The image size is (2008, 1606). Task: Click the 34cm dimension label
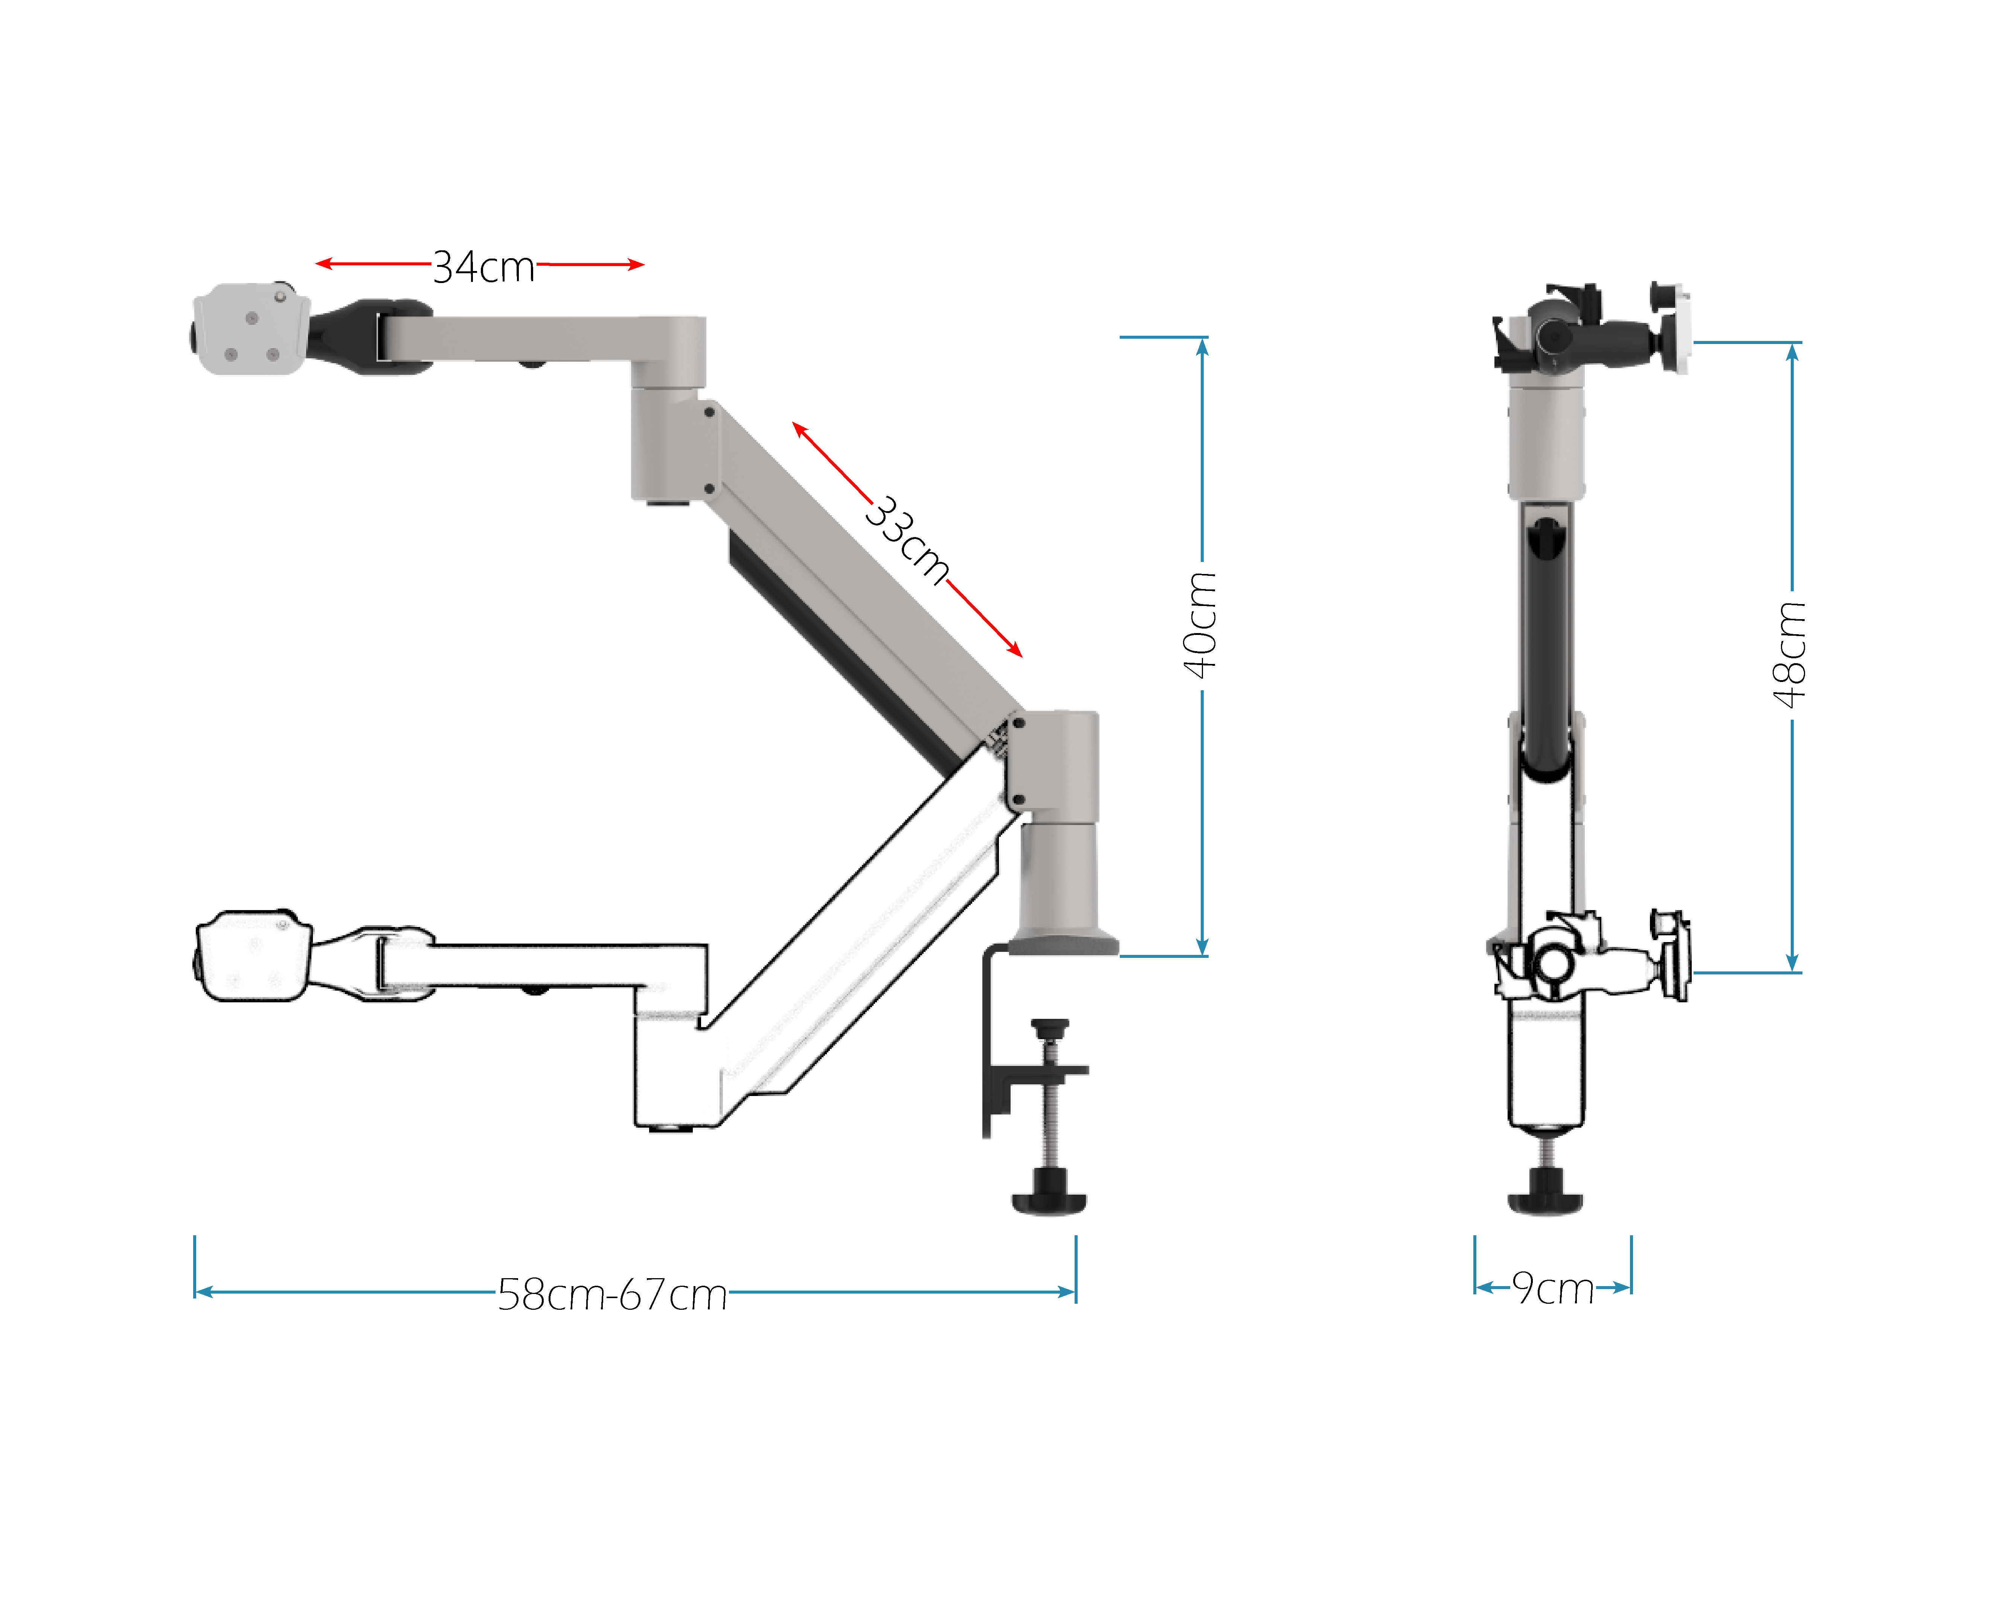pyautogui.click(x=483, y=267)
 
